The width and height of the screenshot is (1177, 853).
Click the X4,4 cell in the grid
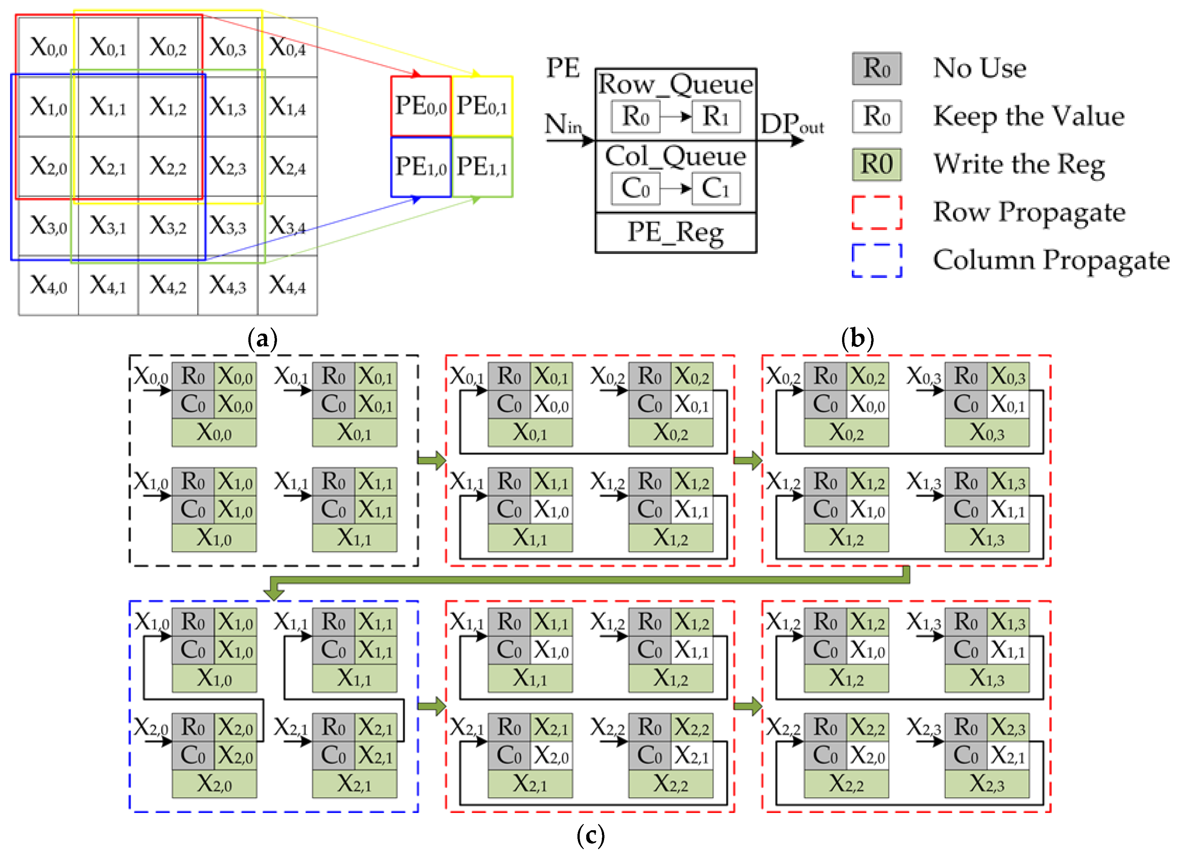287,285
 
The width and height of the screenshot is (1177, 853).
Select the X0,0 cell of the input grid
48,47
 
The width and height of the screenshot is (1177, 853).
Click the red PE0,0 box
421,106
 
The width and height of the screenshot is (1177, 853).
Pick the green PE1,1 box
482,167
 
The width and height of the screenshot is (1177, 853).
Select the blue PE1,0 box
421,167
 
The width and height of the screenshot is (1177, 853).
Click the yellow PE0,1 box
482,106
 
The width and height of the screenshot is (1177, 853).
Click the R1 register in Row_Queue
716,117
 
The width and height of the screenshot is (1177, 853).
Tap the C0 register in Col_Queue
635,189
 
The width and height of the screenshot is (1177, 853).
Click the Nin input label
563,125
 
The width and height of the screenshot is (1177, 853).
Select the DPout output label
791,125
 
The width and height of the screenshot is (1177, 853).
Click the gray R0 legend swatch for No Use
877,68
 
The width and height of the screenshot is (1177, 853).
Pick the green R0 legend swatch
877,164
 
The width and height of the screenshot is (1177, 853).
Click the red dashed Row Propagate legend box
877,212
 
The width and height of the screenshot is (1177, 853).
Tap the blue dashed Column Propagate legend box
877,260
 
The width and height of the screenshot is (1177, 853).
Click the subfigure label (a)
263,339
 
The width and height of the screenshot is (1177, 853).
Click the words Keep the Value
1029,116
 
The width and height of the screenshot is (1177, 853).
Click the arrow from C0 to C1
676,189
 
